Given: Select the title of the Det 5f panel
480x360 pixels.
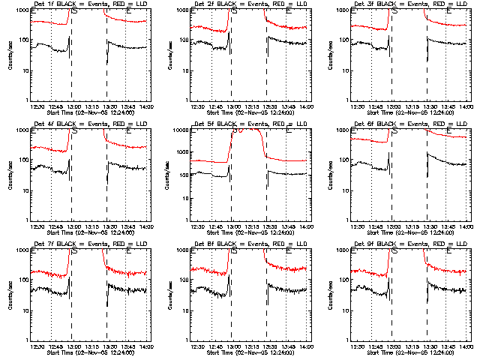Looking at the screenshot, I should click(248, 125).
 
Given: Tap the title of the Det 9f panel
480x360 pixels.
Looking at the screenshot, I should click(408, 244).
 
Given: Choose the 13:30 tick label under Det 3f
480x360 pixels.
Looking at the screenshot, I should click(427, 106).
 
